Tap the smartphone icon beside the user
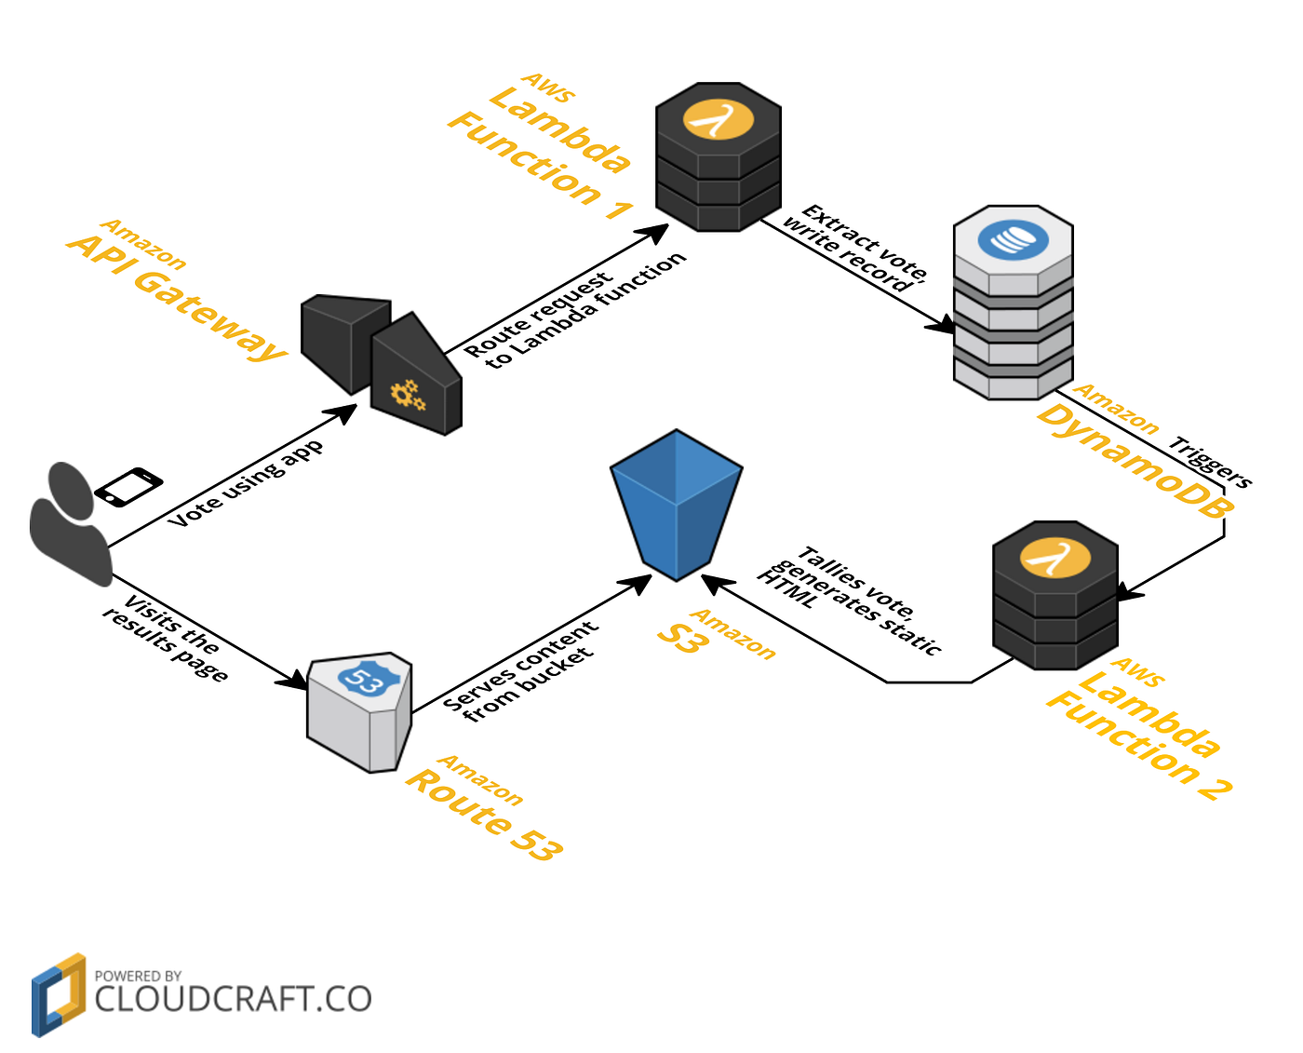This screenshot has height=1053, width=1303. [x=128, y=487]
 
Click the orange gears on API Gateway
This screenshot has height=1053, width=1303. [x=408, y=395]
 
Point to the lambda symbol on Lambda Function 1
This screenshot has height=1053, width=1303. [x=718, y=120]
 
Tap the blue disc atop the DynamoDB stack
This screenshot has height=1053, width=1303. [x=1013, y=240]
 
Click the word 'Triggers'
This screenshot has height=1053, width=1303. [x=1211, y=462]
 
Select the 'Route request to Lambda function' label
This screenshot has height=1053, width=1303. [x=575, y=309]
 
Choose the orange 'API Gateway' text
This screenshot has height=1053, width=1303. [x=177, y=296]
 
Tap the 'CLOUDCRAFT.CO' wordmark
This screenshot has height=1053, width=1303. [x=233, y=999]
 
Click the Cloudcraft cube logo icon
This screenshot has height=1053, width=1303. [x=58, y=994]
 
